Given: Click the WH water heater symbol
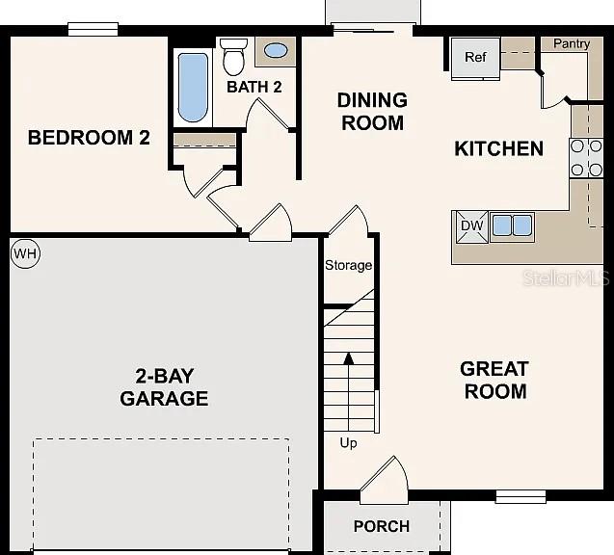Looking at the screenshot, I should click(24, 254).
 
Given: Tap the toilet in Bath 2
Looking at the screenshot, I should click(233, 57).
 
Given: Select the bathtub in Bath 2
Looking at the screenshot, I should click(193, 87).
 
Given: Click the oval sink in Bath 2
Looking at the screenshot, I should click(276, 51).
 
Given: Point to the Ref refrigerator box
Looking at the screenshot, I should click(475, 58).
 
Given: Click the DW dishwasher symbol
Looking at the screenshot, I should click(471, 226).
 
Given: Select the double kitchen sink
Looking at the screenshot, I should click(512, 226).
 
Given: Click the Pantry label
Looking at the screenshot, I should click(571, 44).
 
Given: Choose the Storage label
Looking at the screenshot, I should click(348, 265).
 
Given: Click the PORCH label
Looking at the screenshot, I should click(382, 526).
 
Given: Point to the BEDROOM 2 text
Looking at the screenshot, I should click(89, 138).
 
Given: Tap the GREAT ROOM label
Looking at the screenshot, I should click(494, 380).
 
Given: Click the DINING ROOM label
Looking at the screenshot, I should click(371, 112).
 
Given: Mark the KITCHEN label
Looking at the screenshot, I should click(498, 148).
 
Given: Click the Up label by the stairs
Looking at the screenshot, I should click(348, 443).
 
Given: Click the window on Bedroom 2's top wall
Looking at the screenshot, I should click(93, 30).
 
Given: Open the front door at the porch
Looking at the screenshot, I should click(384, 480).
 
